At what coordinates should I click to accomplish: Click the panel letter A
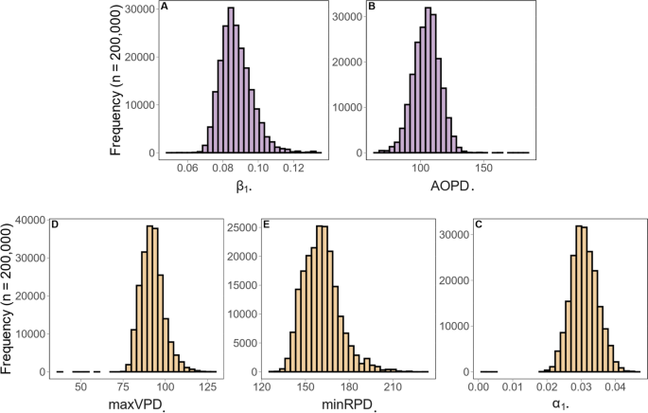[x=166, y=9]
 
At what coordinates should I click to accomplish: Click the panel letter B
[x=344, y=9]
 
